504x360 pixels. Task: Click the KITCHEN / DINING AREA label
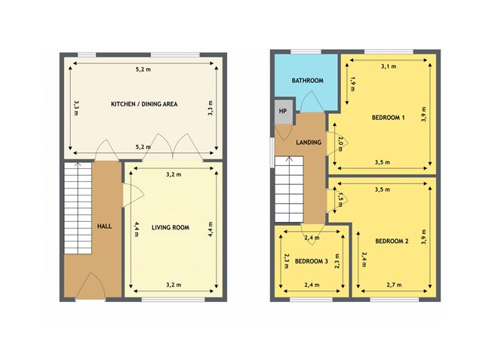[x=144, y=104]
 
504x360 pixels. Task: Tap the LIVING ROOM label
[x=171, y=228]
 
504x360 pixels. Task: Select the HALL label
[x=104, y=226]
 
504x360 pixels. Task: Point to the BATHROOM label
[x=307, y=80]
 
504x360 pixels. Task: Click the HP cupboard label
[x=283, y=111]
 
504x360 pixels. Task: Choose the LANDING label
[x=309, y=142]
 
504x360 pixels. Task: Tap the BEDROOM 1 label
[x=388, y=118]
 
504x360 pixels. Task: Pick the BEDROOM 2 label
[x=392, y=241]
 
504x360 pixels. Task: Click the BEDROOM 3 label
[x=311, y=261]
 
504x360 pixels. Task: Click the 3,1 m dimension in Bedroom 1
[x=389, y=66]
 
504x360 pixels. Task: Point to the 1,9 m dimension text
[x=352, y=84]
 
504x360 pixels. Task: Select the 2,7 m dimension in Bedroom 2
[x=394, y=285]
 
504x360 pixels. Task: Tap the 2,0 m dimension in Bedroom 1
[x=340, y=143]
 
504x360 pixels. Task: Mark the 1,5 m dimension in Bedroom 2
[x=341, y=199]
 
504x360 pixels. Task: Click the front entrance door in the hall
[x=91, y=285]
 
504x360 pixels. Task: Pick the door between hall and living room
[x=133, y=195]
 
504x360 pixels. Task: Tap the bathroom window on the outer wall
[x=306, y=52]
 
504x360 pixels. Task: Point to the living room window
[x=174, y=300]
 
